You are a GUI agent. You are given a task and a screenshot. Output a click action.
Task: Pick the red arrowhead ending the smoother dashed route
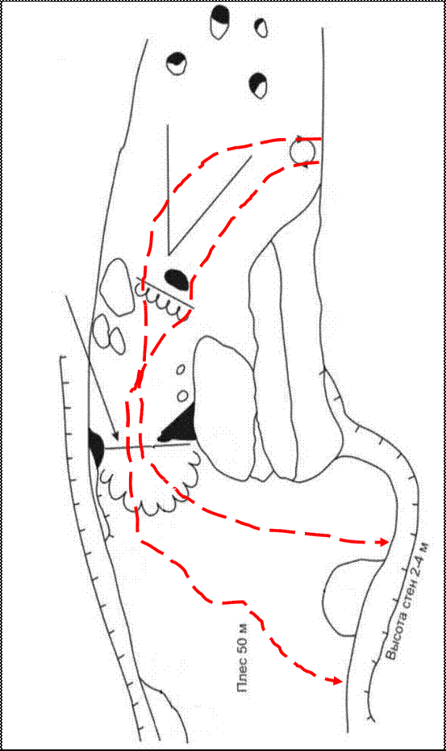point(382,542)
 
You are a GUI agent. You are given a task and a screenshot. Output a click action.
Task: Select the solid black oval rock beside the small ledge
point(177,279)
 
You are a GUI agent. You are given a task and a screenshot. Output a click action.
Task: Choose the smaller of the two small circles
point(181,369)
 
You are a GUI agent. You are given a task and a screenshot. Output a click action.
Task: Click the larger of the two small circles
point(181,396)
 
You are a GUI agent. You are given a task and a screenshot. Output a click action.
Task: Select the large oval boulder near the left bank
point(117,287)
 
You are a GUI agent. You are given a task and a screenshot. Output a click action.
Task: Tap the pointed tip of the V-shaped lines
point(169,254)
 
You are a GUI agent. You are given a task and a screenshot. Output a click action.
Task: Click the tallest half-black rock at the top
point(219,22)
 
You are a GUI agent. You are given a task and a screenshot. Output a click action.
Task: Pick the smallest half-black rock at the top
point(261,27)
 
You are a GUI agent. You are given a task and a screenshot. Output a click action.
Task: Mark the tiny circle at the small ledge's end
point(140,289)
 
